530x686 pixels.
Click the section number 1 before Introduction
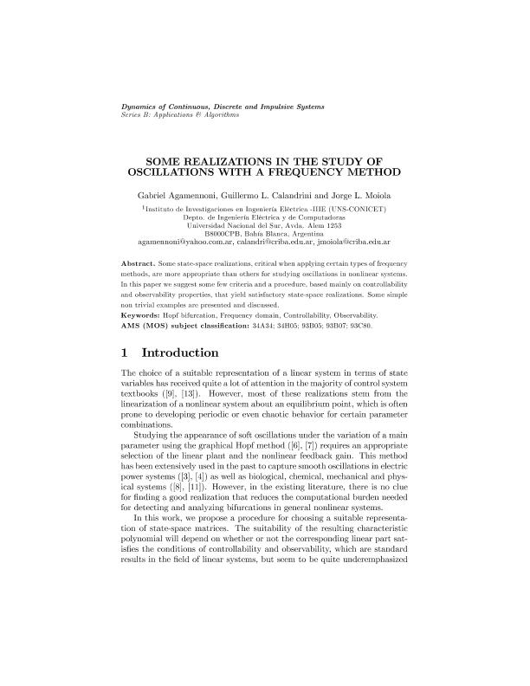pyautogui.click(x=125, y=353)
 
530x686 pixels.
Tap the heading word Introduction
pyautogui.click(x=183, y=353)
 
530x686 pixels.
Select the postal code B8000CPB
pyautogui.click(x=223, y=234)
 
